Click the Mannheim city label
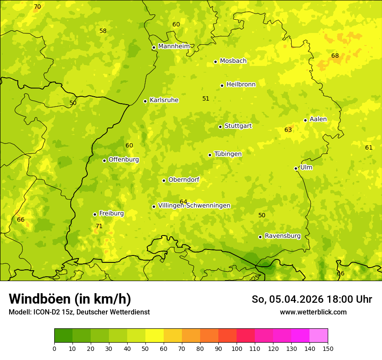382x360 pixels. (x=174, y=46)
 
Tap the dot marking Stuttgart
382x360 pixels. (x=220, y=127)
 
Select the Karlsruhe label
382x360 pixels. (x=164, y=100)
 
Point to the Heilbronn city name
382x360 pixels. (x=241, y=85)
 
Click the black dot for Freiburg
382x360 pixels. (x=95, y=214)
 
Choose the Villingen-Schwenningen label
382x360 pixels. (x=194, y=206)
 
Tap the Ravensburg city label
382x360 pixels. (x=283, y=236)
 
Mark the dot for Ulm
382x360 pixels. (x=296, y=168)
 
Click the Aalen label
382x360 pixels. (x=318, y=119)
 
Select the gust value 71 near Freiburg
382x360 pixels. (x=99, y=226)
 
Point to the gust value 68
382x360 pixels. (x=335, y=56)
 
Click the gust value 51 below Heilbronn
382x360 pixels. (x=206, y=98)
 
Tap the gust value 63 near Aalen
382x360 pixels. (x=288, y=130)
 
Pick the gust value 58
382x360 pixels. (x=103, y=31)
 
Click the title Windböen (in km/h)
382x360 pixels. (x=70, y=299)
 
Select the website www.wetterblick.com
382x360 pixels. (x=313, y=312)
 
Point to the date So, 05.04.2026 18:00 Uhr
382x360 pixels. (x=312, y=299)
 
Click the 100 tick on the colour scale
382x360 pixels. (x=237, y=348)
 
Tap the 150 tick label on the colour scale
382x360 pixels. (x=328, y=348)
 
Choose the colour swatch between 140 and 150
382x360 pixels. (x=319, y=335)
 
